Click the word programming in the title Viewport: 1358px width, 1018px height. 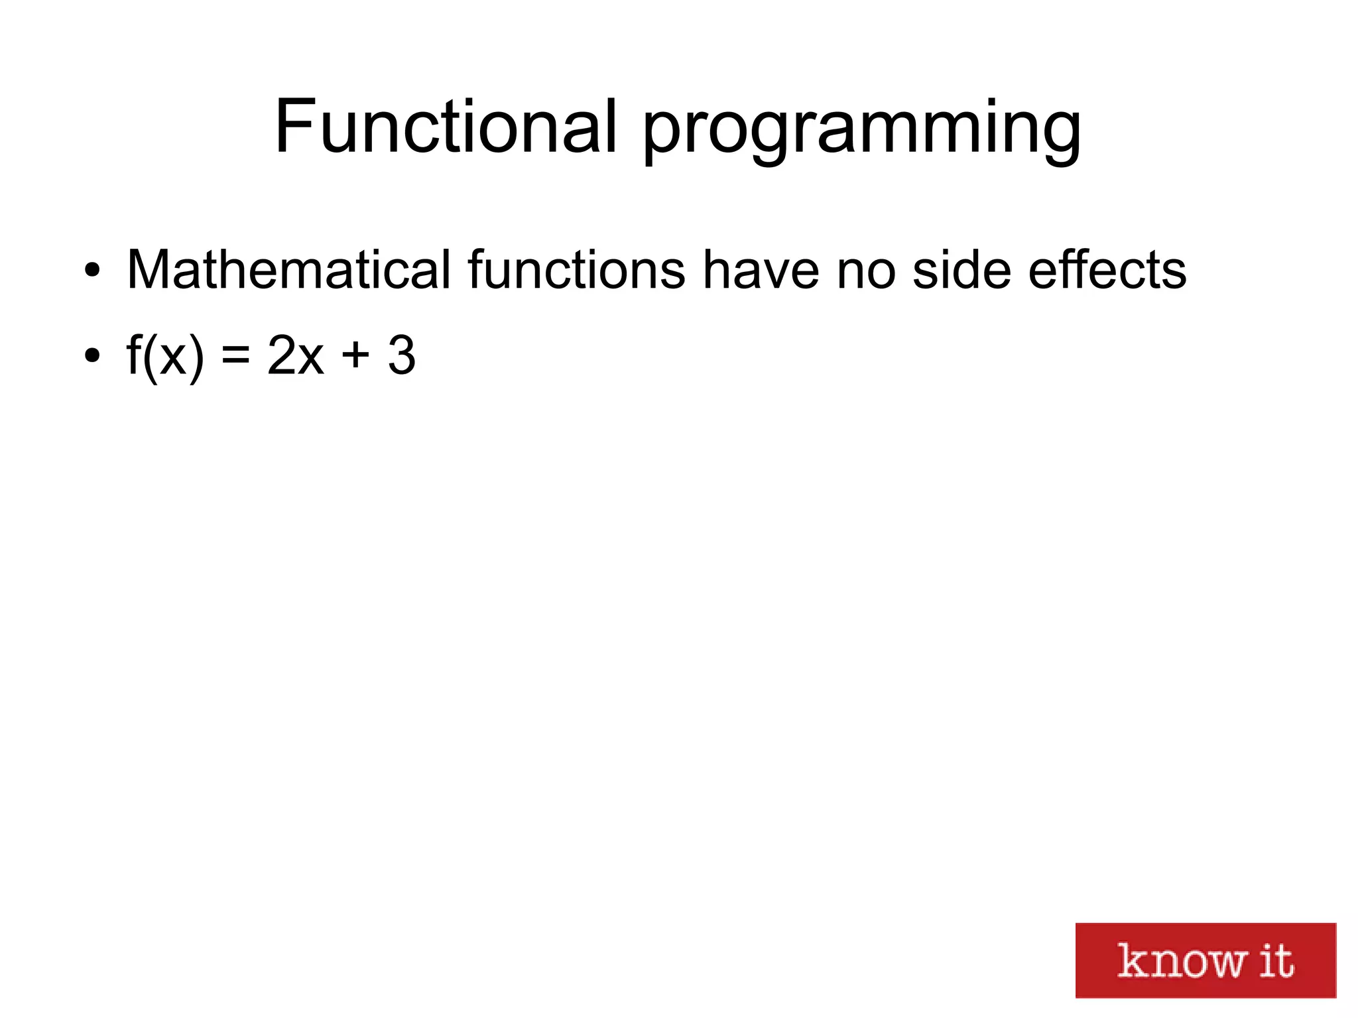coord(862,129)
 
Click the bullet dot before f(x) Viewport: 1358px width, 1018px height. coord(92,356)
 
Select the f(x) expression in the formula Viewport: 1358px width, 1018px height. coord(164,356)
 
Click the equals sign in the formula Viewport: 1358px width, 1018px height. coord(235,356)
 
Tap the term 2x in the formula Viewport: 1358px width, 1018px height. coord(296,356)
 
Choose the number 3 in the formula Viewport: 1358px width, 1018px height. coord(402,356)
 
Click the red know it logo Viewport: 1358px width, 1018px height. coord(1205,960)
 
